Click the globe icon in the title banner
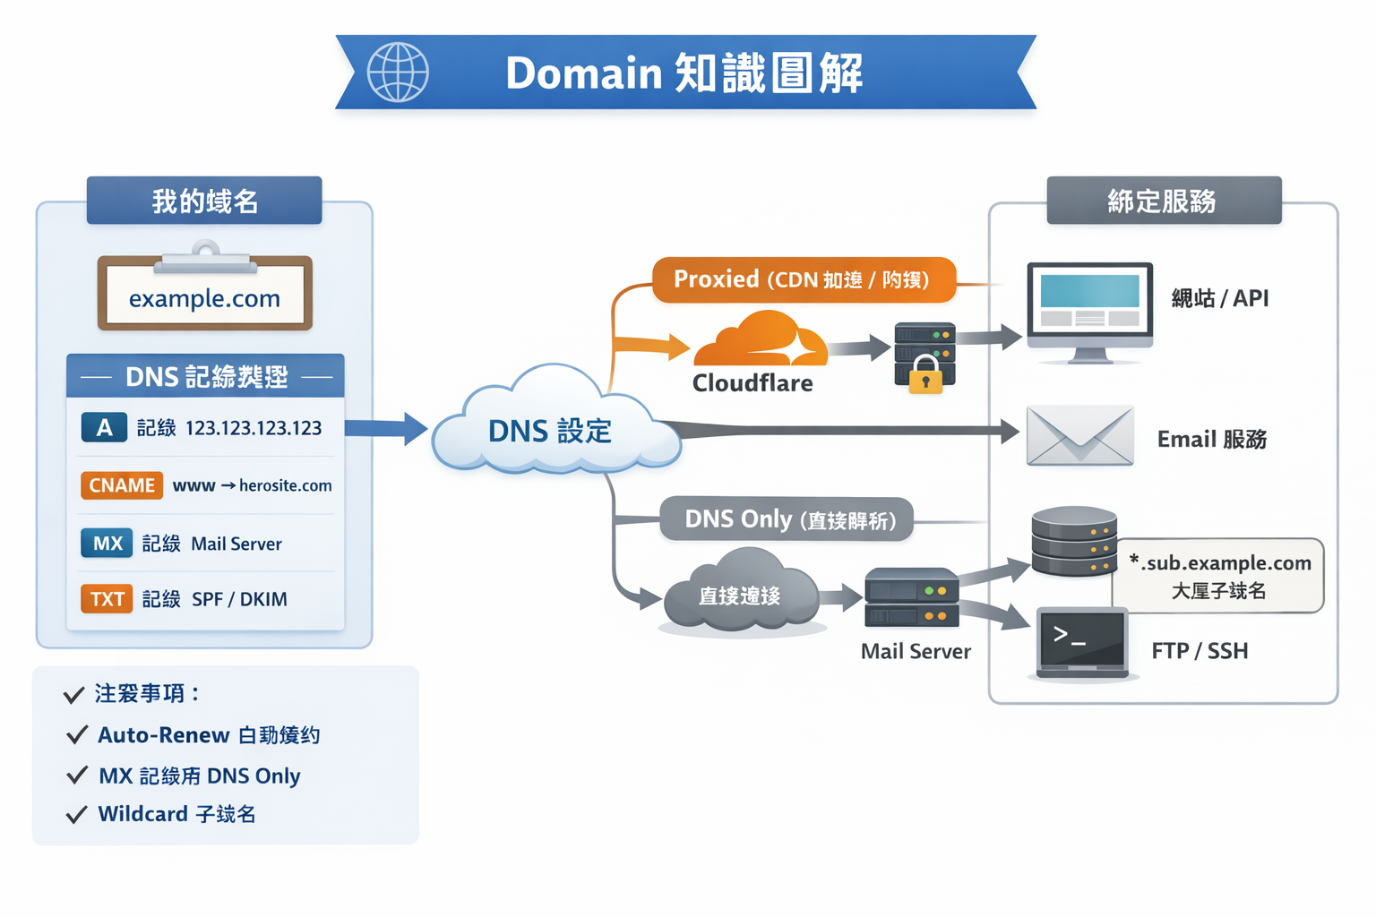pyautogui.click(x=398, y=73)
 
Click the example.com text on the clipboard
pyautogui.click(x=204, y=298)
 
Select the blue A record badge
pyautogui.click(x=104, y=428)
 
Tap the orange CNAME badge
pyautogui.click(x=122, y=485)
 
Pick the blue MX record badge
pyautogui.click(x=107, y=544)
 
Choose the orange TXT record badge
pyautogui.click(x=107, y=599)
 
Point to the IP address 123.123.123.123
pyautogui.click(x=254, y=428)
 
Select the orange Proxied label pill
pyautogui.click(x=803, y=279)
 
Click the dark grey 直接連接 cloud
pyautogui.click(x=740, y=595)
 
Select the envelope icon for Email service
pyautogui.click(x=1079, y=436)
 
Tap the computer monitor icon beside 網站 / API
pyautogui.click(x=1089, y=309)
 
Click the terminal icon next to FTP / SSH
pyautogui.click(x=1082, y=642)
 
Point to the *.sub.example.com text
pyautogui.click(x=1220, y=562)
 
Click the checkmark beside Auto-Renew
pyautogui.click(x=77, y=735)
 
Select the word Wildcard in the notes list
pyautogui.click(x=143, y=814)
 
